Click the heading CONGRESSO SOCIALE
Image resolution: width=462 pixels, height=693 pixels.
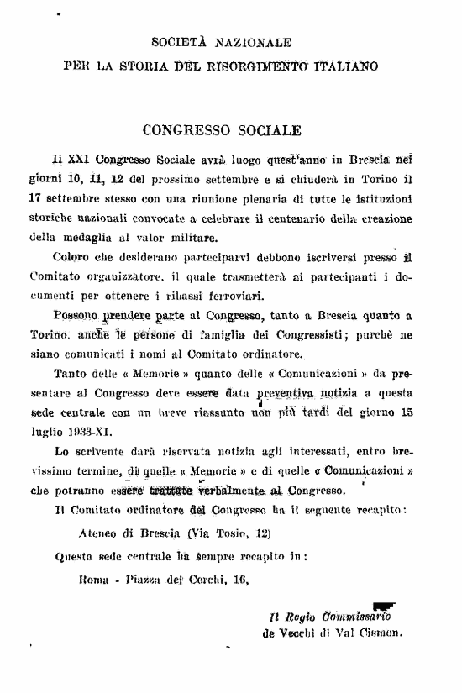pos(222,131)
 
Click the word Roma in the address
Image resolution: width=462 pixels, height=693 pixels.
pos(95,579)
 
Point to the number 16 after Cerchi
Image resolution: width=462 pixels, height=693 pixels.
pos(239,579)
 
